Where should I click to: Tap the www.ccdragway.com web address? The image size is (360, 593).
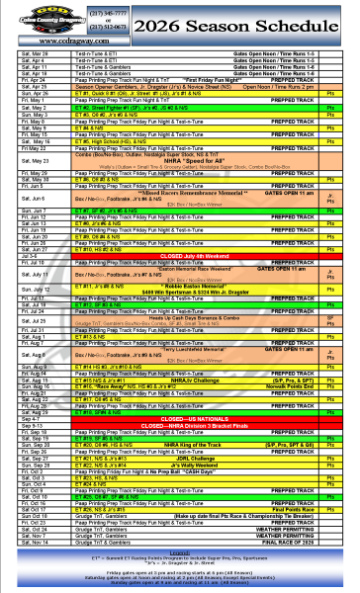54,41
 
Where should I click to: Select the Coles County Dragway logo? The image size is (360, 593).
52,19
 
